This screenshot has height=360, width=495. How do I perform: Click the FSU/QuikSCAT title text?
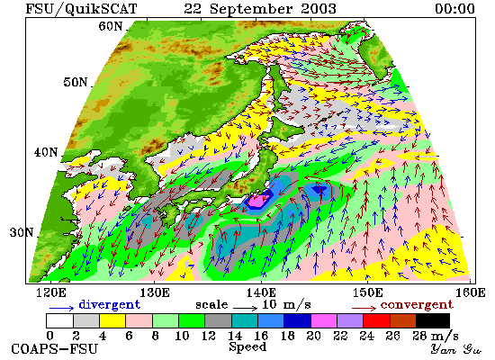coord(81,8)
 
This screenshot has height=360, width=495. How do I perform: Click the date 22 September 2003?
coord(260,8)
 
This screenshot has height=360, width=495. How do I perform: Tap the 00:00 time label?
coord(454,8)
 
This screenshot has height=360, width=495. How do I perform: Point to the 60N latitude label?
coord(110,26)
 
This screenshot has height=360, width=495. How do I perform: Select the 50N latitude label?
coord(75,82)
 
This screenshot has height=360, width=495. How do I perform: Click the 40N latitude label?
coord(46,152)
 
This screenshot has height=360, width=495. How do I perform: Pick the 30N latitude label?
coord(22,232)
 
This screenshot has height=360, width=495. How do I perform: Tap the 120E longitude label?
coord(51,292)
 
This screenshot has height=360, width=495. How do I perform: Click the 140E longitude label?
coord(261,292)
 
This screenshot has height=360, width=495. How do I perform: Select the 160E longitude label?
coord(471,292)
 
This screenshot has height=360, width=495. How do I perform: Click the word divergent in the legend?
coord(109,304)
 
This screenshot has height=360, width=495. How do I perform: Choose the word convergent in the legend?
coord(417,305)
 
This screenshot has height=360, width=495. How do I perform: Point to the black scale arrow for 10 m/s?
coord(246,308)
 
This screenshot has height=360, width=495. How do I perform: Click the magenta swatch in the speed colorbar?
coord(324,320)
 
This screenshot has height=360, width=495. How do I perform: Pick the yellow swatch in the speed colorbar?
coord(112,320)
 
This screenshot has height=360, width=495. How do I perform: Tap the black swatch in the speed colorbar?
coord(433,320)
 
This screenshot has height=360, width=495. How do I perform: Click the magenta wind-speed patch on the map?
coord(259,200)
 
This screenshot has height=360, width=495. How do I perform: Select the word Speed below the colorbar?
coord(247,346)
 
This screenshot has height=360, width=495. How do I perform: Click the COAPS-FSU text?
coord(54,349)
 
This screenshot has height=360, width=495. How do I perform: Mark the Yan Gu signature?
coord(455,349)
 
